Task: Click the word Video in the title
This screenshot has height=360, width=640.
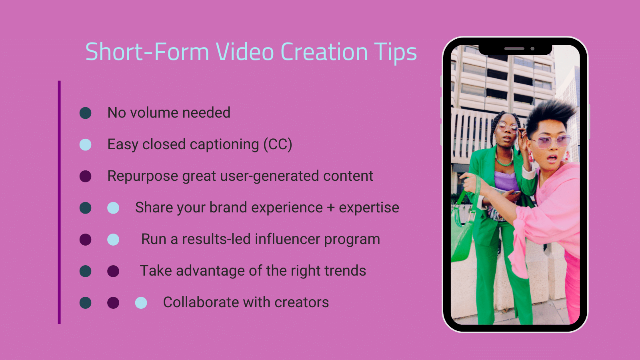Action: (x=244, y=52)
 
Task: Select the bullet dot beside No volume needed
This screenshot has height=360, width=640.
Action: (x=86, y=113)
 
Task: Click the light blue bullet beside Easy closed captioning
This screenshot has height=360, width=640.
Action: (x=86, y=144)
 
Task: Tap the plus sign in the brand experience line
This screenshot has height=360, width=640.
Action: (x=331, y=208)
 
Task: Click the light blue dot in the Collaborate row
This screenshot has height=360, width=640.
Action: (x=141, y=303)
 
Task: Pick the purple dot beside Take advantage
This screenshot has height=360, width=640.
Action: (x=113, y=271)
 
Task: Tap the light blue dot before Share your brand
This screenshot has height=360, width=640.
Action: (x=113, y=208)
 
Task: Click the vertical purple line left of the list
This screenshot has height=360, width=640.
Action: (x=59, y=202)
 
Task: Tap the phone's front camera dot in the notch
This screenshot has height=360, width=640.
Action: (x=532, y=48)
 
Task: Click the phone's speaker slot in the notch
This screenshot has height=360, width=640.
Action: (x=514, y=48)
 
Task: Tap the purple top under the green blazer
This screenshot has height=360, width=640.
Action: (x=506, y=182)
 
